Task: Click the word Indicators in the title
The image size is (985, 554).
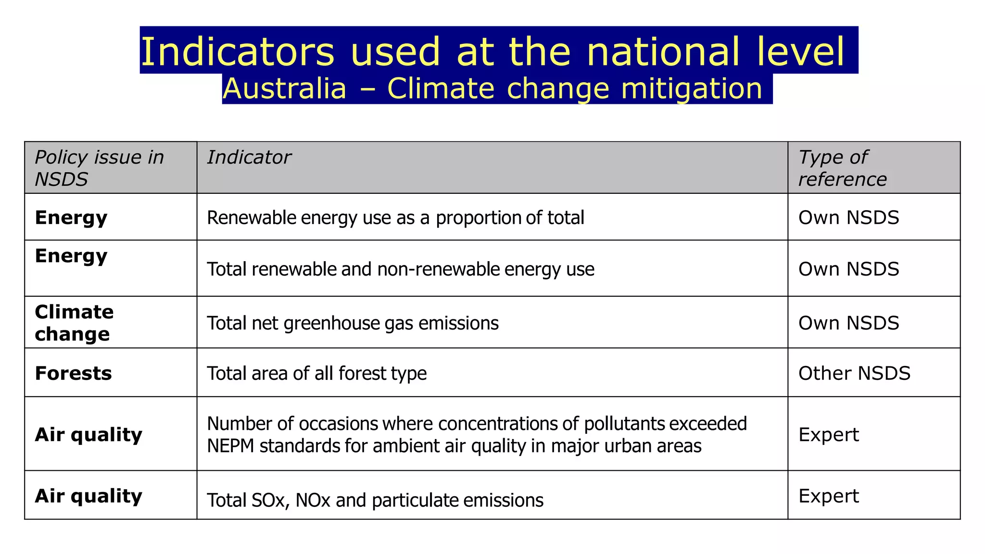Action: point(237,51)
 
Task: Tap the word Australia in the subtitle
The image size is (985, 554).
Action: point(284,89)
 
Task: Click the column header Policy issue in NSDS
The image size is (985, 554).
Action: point(99,168)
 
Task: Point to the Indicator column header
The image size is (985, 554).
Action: point(249,157)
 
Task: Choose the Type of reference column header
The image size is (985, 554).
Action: point(842,168)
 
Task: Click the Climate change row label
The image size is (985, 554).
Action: point(74,323)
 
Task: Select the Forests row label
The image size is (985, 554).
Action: point(73,373)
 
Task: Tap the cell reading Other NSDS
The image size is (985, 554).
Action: point(854,373)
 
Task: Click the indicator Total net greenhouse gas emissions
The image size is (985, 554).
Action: point(353,323)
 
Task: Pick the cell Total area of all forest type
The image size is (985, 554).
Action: point(316,373)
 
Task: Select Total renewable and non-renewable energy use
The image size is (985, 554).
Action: point(400,269)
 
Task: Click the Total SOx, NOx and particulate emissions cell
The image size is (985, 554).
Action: point(375,500)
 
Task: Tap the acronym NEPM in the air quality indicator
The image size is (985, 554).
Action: point(230,446)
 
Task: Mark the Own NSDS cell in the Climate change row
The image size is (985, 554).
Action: point(848,323)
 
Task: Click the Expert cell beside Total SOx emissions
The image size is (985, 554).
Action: point(828,496)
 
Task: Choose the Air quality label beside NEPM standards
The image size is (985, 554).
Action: point(88,435)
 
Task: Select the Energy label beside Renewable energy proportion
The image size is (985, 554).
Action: point(71,218)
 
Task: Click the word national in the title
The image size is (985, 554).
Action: point(663,51)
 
